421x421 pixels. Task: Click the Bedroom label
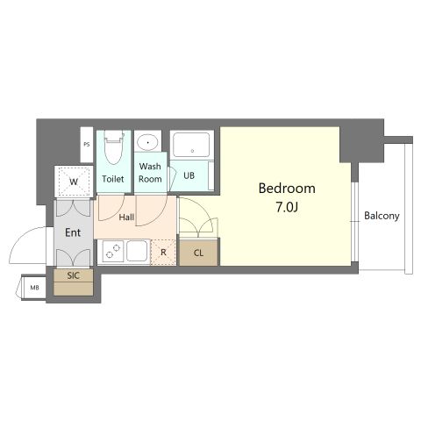tap(287, 189)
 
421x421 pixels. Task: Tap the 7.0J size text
tap(287, 207)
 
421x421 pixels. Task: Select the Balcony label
tap(382, 216)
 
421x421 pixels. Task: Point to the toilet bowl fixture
tap(113, 147)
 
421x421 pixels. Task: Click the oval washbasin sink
tap(148, 143)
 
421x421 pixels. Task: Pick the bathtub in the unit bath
tap(191, 145)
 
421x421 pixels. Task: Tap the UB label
tap(189, 175)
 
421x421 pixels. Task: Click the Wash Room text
tap(150, 173)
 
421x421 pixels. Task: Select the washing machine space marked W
tap(74, 182)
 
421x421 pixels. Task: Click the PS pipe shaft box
tap(87, 145)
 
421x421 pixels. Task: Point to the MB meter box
tap(34, 288)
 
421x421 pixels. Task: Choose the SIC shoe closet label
tap(73, 275)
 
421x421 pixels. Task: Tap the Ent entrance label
tap(73, 232)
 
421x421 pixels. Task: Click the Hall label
tap(126, 218)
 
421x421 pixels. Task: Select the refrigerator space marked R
tap(163, 252)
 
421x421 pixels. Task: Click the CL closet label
tap(198, 253)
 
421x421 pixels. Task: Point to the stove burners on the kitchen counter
tap(113, 251)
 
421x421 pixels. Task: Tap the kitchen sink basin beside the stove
tap(137, 251)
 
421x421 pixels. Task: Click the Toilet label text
tap(113, 179)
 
